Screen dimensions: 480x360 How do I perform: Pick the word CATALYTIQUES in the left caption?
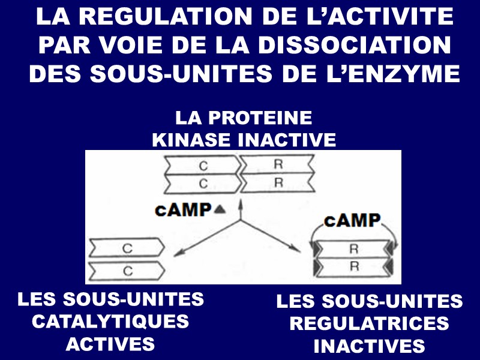(x=110, y=321)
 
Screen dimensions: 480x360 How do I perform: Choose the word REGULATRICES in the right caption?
(x=369, y=323)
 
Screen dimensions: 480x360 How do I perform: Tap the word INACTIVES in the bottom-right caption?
(x=369, y=346)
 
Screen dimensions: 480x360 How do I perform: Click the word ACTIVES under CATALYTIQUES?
(x=110, y=344)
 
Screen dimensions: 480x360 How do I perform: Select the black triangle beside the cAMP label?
(x=220, y=209)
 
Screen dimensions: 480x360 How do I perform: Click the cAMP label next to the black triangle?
(x=184, y=209)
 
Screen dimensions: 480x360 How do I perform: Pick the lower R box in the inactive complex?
(x=277, y=182)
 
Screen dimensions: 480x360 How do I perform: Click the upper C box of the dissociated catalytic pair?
(x=127, y=247)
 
